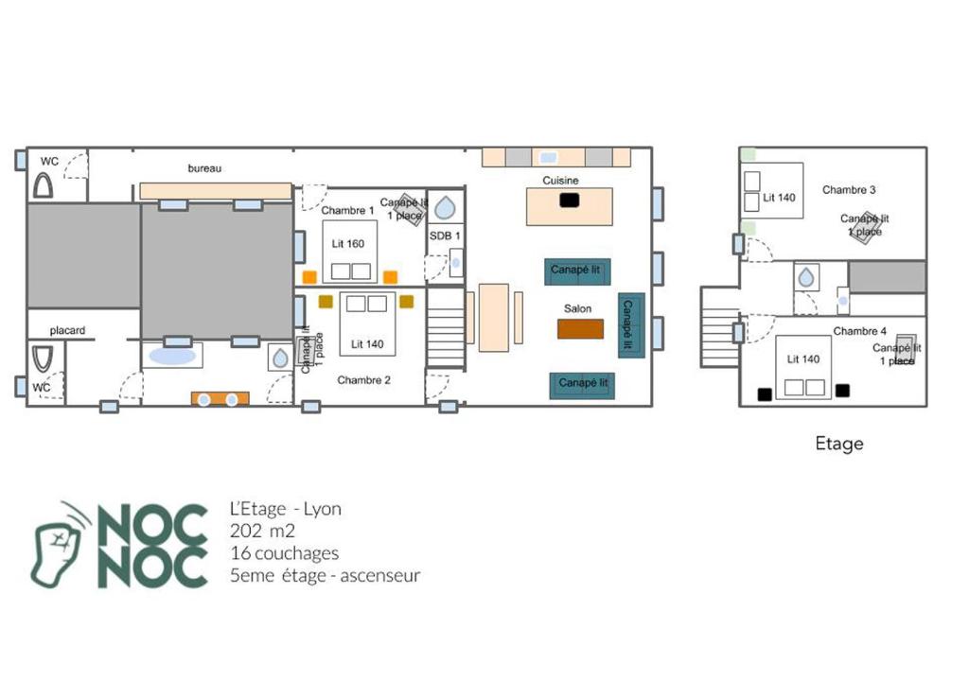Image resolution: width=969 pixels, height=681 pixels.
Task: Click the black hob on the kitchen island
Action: [569, 201]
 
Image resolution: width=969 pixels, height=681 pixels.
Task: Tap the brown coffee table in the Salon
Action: [580, 329]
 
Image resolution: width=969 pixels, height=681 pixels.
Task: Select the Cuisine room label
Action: [560, 181]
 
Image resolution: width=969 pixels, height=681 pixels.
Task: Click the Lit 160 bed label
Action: [348, 243]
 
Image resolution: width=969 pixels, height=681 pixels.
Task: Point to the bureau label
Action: [204, 168]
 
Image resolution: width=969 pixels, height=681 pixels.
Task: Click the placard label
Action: [67, 331]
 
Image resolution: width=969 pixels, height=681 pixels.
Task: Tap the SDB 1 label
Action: [445, 236]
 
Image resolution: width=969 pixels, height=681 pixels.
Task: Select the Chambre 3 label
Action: [849, 190]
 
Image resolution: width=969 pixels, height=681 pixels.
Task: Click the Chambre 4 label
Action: [859, 331]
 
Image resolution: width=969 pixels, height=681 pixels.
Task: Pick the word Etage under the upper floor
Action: [839, 444]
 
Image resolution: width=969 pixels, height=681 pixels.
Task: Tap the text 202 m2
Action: [262, 531]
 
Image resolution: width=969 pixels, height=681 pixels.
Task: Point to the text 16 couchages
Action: [284, 553]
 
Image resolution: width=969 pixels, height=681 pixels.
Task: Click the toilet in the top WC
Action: [43, 185]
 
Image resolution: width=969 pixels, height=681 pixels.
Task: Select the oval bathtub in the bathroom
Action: [172, 356]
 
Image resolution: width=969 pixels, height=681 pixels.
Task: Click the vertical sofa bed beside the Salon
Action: [631, 325]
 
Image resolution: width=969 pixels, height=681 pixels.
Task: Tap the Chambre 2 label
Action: [363, 380]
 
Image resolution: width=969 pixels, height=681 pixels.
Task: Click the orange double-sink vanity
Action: [220, 398]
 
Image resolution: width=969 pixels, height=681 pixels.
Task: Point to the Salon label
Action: [577, 308]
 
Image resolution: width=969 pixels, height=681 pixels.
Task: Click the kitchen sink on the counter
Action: [548, 158]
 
